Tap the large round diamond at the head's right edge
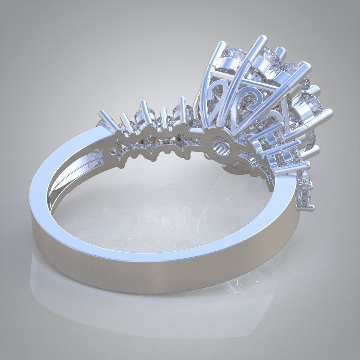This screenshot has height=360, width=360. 311,104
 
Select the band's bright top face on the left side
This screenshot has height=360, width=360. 70,148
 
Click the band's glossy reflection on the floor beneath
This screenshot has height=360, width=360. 158,316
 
